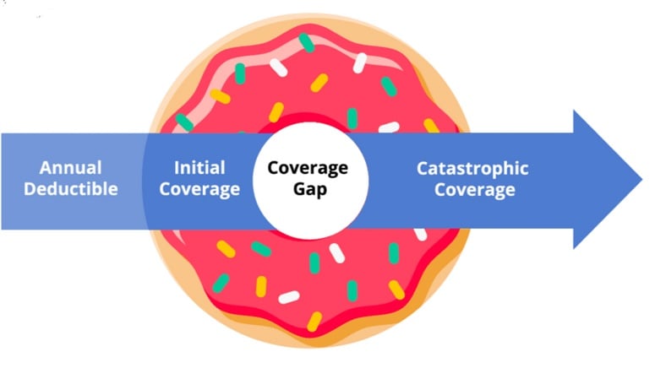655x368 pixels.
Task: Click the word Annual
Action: pos(70,168)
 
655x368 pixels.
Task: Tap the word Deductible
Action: pos(70,188)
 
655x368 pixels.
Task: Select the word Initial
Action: pos(199,168)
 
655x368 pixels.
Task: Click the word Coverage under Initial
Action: pos(199,188)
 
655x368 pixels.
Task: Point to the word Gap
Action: pos(308,188)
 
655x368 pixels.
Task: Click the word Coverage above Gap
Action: pos(308,168)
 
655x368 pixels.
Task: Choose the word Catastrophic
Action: pos(472,168)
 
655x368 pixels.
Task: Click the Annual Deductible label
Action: pos(70,178)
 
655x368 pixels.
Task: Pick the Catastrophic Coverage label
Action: pos(473,178)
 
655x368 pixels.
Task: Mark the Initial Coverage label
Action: pos(199,178)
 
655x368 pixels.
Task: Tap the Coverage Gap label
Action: pos(308,178)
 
